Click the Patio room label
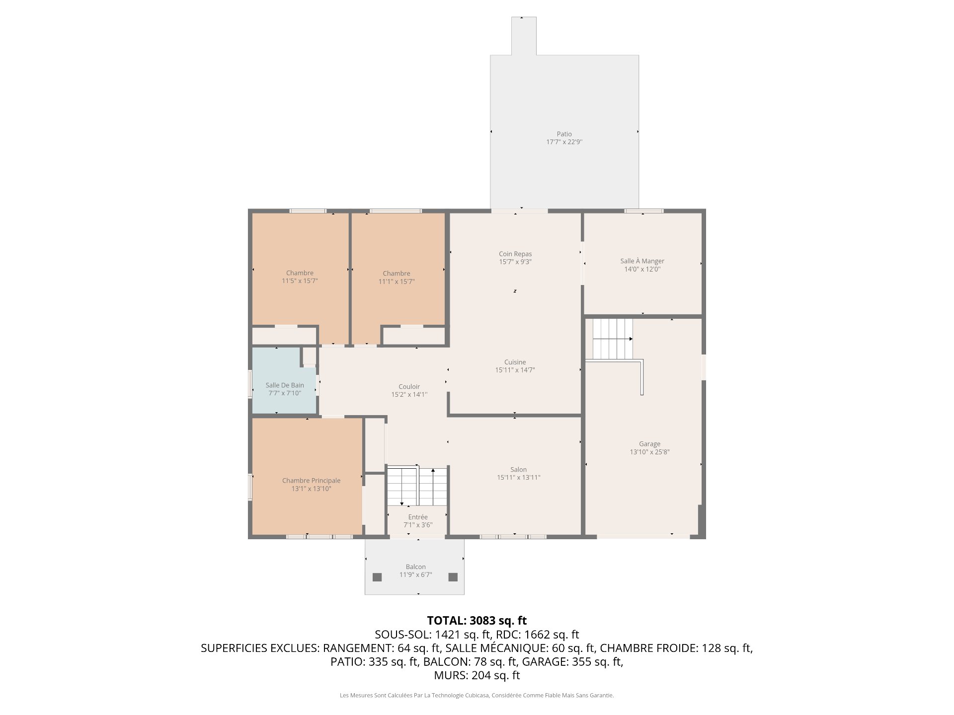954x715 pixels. pyautogui.click(x=564, y=134)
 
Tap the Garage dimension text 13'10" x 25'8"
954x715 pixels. pyautogui.click(x=649, y=452)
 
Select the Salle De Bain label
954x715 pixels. pyautogui.click(x=285, y=385)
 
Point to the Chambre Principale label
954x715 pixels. pyautogui.click(x=312, y=481)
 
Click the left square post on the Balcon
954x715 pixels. pyautogui.click(x=377, y=577)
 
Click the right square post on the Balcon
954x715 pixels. pyautogui.click(x=453, y=577)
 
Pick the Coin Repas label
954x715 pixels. pyautogui.click(x=515, y=254)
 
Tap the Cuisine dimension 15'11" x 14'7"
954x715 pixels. pyautogui.click(x=515, y=370)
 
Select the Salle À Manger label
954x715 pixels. pyautogui.click(x=642, y=261)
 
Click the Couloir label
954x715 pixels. pyautogui.click(x=409, y=387)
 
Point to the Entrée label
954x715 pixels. pyautogui.click(x=418, y=517)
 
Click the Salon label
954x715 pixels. pyautogui.click(x=518, y=470)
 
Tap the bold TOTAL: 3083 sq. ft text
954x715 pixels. pyautogui.click(x=477, y=621)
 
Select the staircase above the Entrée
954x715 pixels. pyautogui.click(x=417, y=486)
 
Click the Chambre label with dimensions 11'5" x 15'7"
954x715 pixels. pyautogui.click(x=300, y=273)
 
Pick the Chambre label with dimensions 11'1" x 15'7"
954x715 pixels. pyautogui.click(x=397, y=274)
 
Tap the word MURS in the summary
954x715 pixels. pyautogui.click(x=451, y=675)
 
